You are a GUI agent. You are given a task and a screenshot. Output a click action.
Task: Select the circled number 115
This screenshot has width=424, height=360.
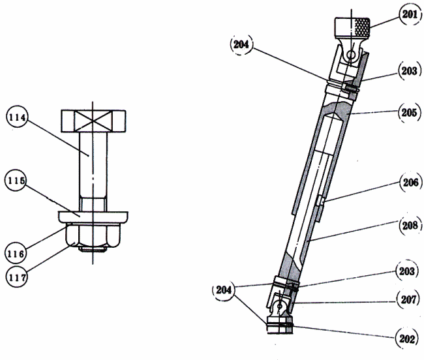[x=16, y=180]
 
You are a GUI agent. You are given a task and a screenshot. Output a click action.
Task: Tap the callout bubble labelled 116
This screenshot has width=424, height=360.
[x=16, y=254]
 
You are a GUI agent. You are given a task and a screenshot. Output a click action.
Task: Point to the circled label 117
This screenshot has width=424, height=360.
[x=16, y=277]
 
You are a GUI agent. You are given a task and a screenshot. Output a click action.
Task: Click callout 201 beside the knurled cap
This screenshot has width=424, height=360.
[x=410, y=14]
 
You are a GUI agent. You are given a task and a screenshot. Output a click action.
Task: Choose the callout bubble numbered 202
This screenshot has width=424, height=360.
[x=406, y=338]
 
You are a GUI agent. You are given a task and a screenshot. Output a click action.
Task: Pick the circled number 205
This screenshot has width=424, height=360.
[x=410, y=112]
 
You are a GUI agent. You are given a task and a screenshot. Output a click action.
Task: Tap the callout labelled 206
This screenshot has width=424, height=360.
[x=411, y=183]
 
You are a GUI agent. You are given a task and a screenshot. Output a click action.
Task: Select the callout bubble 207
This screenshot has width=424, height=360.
[x=408, y=299]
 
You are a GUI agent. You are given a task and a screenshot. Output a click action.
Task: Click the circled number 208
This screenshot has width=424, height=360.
[x=410, y=225]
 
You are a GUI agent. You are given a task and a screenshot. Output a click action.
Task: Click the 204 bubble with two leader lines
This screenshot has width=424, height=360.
[x=224, y=290]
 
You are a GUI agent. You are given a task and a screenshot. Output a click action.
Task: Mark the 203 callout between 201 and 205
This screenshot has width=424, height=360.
[x=409, y=71]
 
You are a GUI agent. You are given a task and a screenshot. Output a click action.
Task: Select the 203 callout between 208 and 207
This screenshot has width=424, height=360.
[x=407, y=271]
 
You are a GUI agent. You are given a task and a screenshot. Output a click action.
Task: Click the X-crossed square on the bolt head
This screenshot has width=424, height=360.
[x=93, y=121]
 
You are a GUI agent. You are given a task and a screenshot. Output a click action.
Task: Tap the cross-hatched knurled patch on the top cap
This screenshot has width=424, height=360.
[x=362, y=27]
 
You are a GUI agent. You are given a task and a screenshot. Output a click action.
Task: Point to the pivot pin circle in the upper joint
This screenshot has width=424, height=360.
[x=351, y=55]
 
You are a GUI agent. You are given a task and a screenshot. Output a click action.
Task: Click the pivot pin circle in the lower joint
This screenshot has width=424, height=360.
[x=280, y=307]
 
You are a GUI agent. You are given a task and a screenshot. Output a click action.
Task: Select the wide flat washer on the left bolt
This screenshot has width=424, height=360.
[x=93, y=217]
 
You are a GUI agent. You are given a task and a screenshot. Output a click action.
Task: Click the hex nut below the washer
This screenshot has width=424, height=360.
[x=93, y=235]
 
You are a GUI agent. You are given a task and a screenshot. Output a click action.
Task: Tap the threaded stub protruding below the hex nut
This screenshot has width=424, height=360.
[x=92, y=249]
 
